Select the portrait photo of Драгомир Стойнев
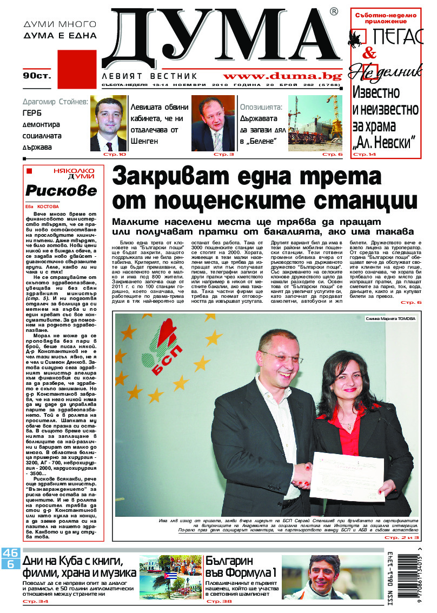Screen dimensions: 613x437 point(108,123)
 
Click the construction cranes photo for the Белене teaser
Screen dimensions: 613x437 point(315,123)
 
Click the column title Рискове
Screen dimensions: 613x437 point(61,190)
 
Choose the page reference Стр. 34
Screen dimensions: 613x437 point(35,602)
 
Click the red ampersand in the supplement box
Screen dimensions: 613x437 point(369,54)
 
